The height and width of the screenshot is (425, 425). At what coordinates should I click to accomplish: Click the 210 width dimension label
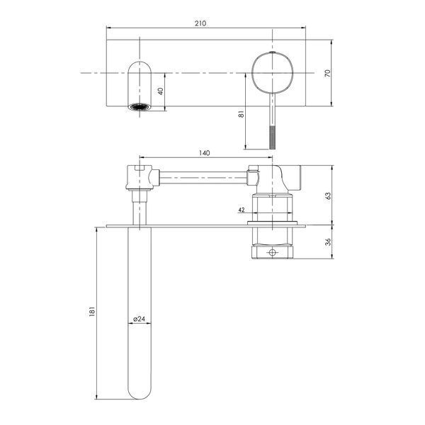(x=200, y=23)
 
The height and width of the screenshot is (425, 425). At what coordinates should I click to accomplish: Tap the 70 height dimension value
(x=327, y=73)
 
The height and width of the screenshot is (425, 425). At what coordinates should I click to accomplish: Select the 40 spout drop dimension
(x=161, y=91)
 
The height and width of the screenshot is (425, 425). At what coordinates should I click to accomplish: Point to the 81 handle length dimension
(x=241, y=114)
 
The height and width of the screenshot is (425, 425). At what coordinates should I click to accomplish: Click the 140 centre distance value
(x=205, y=153)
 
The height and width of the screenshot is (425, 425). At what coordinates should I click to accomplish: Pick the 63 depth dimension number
(x=328, y=196)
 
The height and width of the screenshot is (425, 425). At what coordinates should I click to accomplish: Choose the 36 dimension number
(x=328, y=242)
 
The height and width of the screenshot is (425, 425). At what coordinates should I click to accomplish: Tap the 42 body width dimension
(x=242, y=210)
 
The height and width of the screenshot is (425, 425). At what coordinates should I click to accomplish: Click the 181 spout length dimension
(x=91, y=312)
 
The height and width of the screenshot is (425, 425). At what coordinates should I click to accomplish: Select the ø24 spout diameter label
(x=140, y=319)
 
